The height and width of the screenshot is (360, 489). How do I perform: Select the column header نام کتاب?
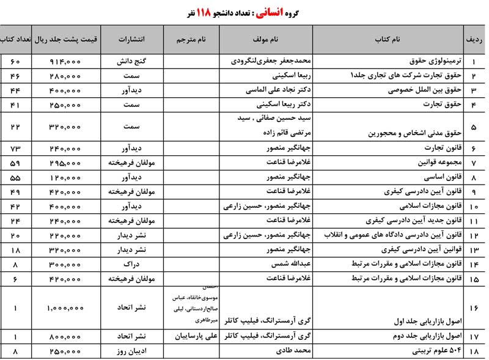pos(388,40)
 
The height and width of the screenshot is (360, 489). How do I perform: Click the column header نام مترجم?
pos(192,40)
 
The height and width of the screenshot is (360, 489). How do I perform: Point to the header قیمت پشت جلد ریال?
pos(66,40)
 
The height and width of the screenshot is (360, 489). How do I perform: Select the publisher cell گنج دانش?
pos(133,62)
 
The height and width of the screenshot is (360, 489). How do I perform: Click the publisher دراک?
pos(133,265)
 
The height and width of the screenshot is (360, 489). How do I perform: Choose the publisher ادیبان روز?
pos(133,351)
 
